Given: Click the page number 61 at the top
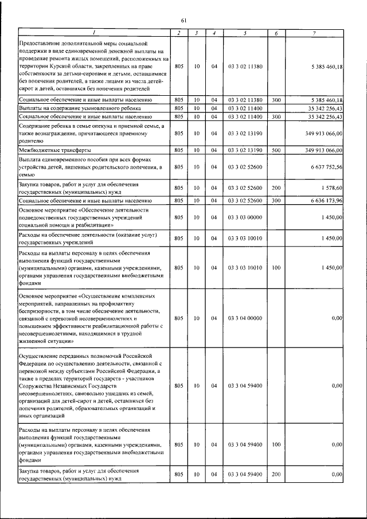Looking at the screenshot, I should pyautogui.click(x=184, y=19).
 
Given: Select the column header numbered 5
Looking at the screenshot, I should pyautogui.click(x=245, y=33).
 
